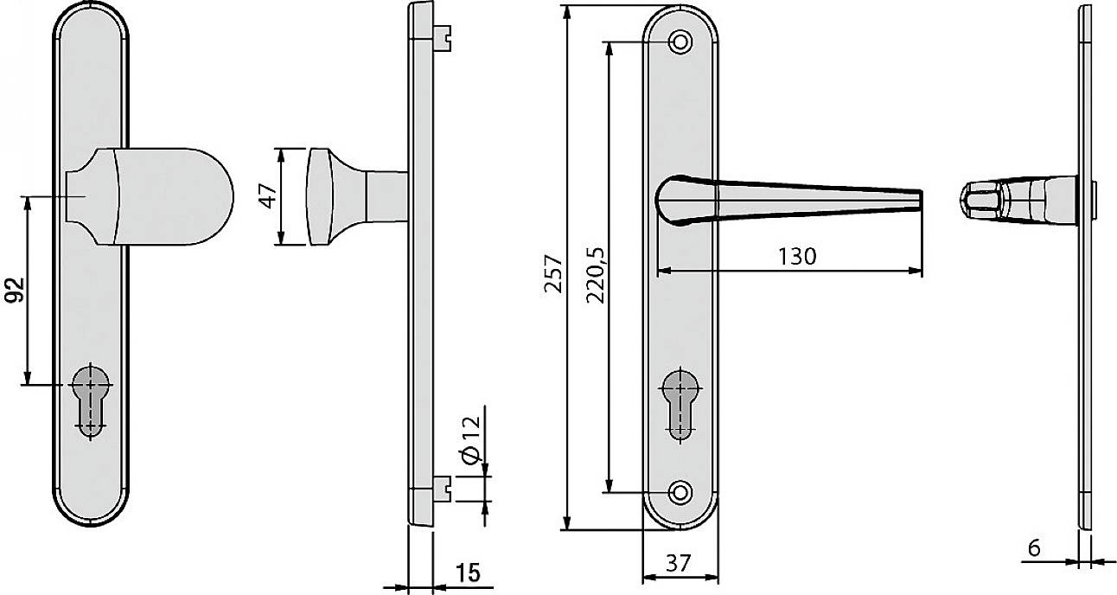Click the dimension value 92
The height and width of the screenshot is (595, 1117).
pos(14,292)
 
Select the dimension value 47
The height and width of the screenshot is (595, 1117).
pos(270,196)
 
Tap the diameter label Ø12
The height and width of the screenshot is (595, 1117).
pos(470,442)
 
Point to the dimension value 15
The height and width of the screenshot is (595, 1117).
pos(467,573)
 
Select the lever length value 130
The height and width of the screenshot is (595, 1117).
pos(795,257)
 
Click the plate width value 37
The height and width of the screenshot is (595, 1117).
pos(680,564)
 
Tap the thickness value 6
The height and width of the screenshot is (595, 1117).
pos(1034,547)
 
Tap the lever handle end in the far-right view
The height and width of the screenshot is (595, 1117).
pos(975,198)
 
